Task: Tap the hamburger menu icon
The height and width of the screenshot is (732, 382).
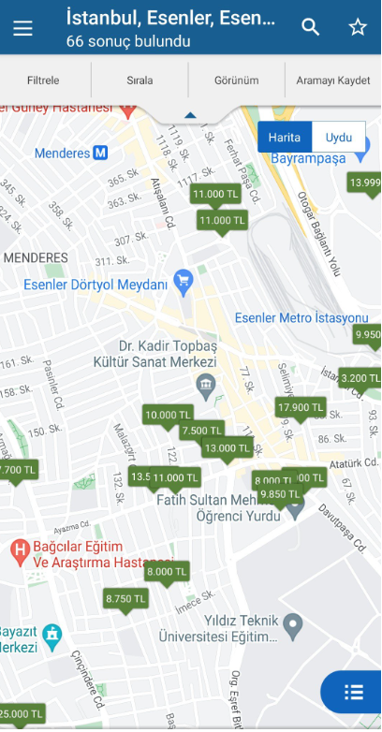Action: [x=22, y=28]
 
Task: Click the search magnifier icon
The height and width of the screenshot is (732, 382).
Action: [x=310, y=28]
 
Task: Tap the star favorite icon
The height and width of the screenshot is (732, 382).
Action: [x=358, y=28]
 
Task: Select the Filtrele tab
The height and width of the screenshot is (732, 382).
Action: [x=44, y=81]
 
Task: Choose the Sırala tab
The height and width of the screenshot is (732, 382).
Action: [x=140, y=81]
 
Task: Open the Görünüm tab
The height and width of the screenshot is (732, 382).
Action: [x=237, y=81]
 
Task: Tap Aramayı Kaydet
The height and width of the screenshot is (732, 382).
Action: [x=333, y=81]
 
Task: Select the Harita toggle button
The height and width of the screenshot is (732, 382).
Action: [x=285, y=137]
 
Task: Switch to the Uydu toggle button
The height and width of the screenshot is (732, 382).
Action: [x=338, y=137]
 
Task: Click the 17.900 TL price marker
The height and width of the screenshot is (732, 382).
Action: [x=301, y=407]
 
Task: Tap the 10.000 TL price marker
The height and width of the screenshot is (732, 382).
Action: [x=168, y=415]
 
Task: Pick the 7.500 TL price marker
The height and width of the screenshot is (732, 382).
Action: [x=201, y=431]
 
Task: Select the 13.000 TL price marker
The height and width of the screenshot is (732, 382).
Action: [x=228, y=448]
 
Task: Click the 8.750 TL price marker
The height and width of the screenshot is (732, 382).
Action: [x=125, y=598]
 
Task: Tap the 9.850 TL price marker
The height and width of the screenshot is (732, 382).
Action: [x=278, y=494]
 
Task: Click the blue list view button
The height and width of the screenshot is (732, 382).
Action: [x=353, y=693]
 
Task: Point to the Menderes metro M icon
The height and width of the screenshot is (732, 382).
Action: [x=99, y=153]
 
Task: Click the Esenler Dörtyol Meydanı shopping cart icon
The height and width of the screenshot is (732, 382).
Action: [x=184, y=278]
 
